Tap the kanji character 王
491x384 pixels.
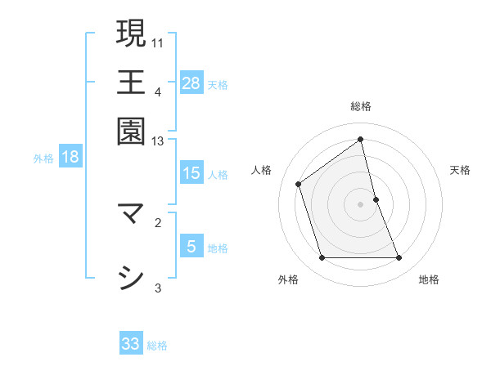pos(131,83)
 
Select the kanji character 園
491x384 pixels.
pos(131,132)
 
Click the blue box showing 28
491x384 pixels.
pos(191,83)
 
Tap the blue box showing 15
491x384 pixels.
pos(191,173)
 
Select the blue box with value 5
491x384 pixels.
pos(191,247)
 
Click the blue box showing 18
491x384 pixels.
pos(70,157)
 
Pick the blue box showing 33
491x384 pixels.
pos(131,344)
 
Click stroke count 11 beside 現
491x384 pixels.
pos(159,42)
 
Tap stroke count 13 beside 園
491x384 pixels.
pos(159,141)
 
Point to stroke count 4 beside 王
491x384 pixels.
pos(158,92)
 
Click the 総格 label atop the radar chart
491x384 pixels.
pos(361,106)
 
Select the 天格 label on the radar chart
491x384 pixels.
pos(460,170)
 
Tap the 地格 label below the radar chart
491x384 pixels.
pos(429,279)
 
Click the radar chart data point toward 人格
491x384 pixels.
pos(299,184)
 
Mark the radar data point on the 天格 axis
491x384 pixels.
pos(376,199)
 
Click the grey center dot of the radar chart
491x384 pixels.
pos(361,204)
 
